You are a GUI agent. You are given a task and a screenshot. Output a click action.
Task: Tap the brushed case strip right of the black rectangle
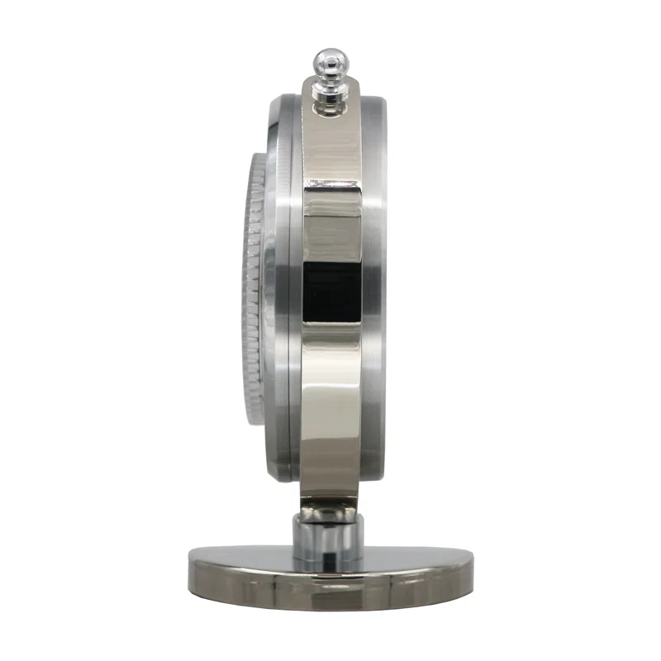pyautogui.click(x=373, y=290)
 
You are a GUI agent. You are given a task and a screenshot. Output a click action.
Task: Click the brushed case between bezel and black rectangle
pyautogui.click(x=285, y=290)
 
